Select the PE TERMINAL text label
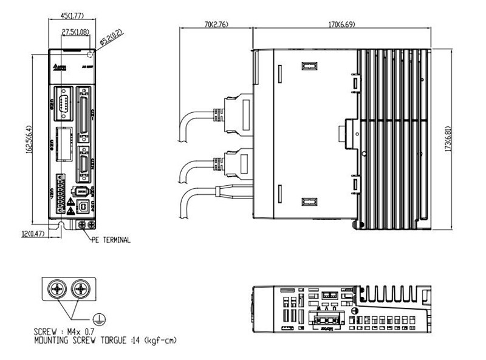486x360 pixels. [x=110, y=240]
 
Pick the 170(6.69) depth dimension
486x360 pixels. [x=342, y=25]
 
